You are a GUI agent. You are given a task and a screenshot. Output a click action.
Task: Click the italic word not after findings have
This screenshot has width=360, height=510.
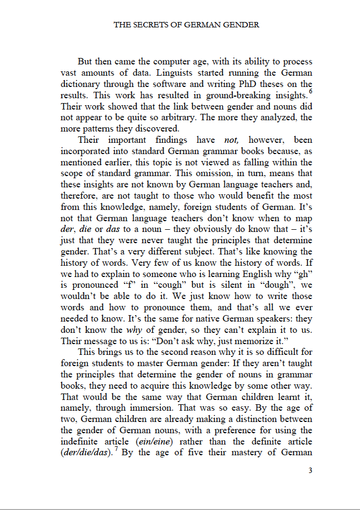pos(231,140)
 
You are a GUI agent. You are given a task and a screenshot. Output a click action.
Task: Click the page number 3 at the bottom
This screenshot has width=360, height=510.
pos(310,471)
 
